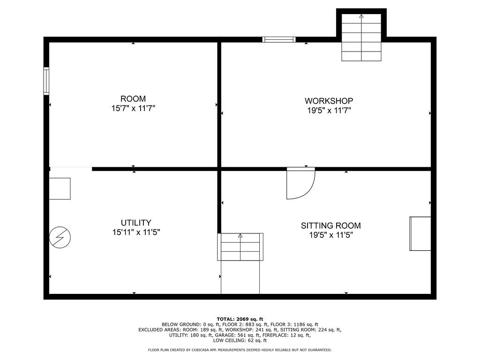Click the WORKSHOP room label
click(x=329, y=101)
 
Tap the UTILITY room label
click(x=136, y=223)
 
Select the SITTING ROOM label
click(x=330, y=225)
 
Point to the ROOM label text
click(x=133, y=98)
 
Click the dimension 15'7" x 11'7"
click(x=133, y=108)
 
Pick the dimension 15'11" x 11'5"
click(x=136, y=232)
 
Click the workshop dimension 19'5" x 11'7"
click(x=329, y=111)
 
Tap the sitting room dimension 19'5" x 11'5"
click(x=331, y=235)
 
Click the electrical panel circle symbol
click(x=60, y=237)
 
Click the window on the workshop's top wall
click(x=279, y=39)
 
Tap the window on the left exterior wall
click(x=46, y=81)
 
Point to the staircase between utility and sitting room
click(x=240, y=247)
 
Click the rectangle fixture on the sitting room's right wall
click(x=420, y=233)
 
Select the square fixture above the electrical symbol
click(x=60, y=188)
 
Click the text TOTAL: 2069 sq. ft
click(x=240, y=319)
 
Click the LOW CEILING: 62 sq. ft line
click(x=240, y=340)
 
